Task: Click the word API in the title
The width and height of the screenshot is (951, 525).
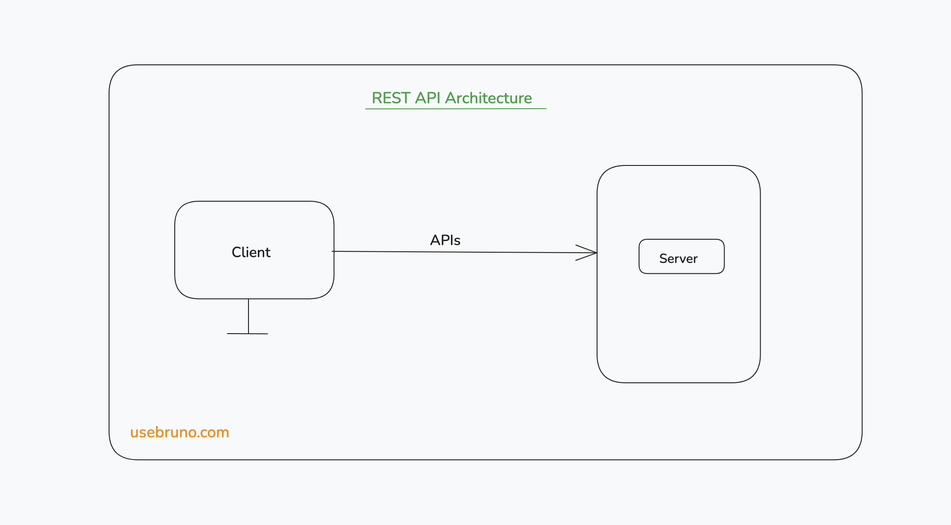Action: (428, 98)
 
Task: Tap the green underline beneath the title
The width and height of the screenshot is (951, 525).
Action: (455, 108)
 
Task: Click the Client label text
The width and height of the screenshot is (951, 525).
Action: (251, 252)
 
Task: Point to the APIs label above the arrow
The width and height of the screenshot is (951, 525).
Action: (445, 240)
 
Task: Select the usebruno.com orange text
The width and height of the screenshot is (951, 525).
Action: (179, 432)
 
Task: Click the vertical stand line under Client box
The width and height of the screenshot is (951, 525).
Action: (248, 316)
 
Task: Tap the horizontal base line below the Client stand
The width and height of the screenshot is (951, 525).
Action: (247, 334)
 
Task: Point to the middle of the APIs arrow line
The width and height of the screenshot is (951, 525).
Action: (465, 252)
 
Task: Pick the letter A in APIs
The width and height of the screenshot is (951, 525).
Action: (436, 240)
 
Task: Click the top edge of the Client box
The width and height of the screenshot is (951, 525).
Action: (254, 201)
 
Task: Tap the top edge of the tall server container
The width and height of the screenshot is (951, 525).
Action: (678, 165)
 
